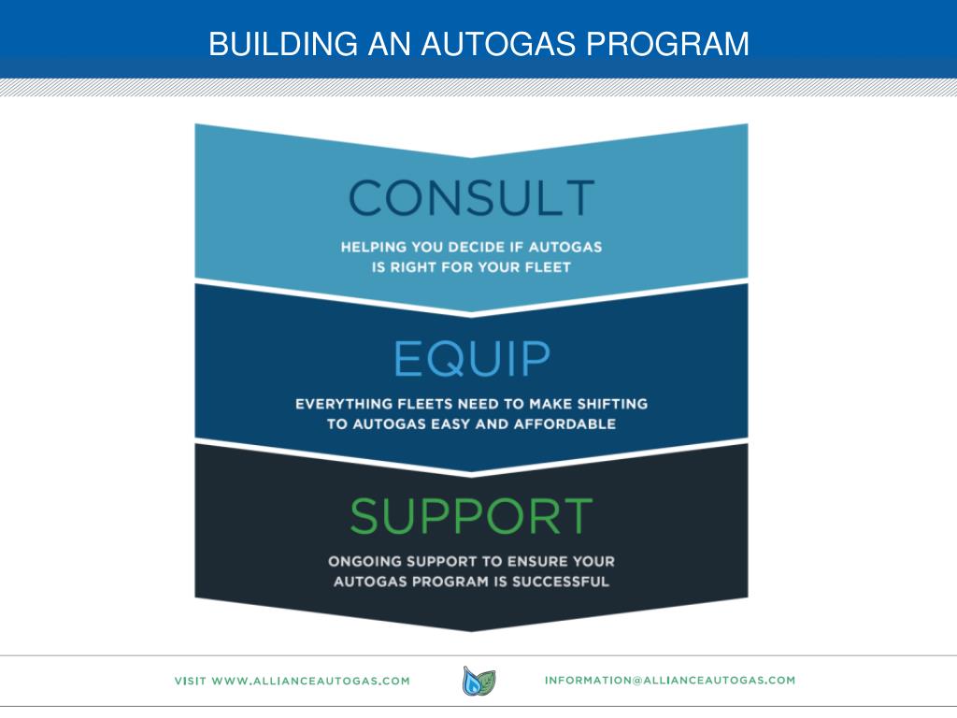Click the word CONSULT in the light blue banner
click(471, 197)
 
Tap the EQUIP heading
click(471, 358)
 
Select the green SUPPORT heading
click(471, 516)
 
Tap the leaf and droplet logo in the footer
click(478, 681)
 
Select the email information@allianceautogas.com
click(669, 680)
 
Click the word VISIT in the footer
click(191, 681)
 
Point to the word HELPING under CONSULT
click(372, 248)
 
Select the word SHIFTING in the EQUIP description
click(610, 405)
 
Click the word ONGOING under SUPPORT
click(360, 562)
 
